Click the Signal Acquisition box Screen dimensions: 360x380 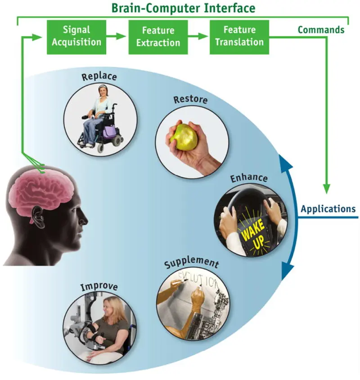coord(76,37)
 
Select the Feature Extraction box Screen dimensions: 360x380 coord(158,37)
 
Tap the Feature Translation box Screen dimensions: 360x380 coord(239,37)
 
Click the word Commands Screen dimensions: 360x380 coord(321,30)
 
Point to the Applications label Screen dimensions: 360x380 coord(328,209)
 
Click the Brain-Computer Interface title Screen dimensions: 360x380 coord(183,8)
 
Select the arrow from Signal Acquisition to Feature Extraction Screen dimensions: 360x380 coord(116,36)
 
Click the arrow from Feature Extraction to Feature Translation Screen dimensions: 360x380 coord(198,36)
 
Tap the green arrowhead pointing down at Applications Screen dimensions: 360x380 coord(327,189)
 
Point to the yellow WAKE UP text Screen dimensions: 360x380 coord(253,234)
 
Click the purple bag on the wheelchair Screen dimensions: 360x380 coord(110,133)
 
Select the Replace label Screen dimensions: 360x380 coord(99,76)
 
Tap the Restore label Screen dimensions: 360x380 coord(190,99)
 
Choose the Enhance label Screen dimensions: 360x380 coord(249,178)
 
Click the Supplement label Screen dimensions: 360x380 coord(192,262)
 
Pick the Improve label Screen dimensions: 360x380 coord(99,286)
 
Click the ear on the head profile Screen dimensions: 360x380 coord(39,217)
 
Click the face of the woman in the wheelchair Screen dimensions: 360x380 coord(103,91)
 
